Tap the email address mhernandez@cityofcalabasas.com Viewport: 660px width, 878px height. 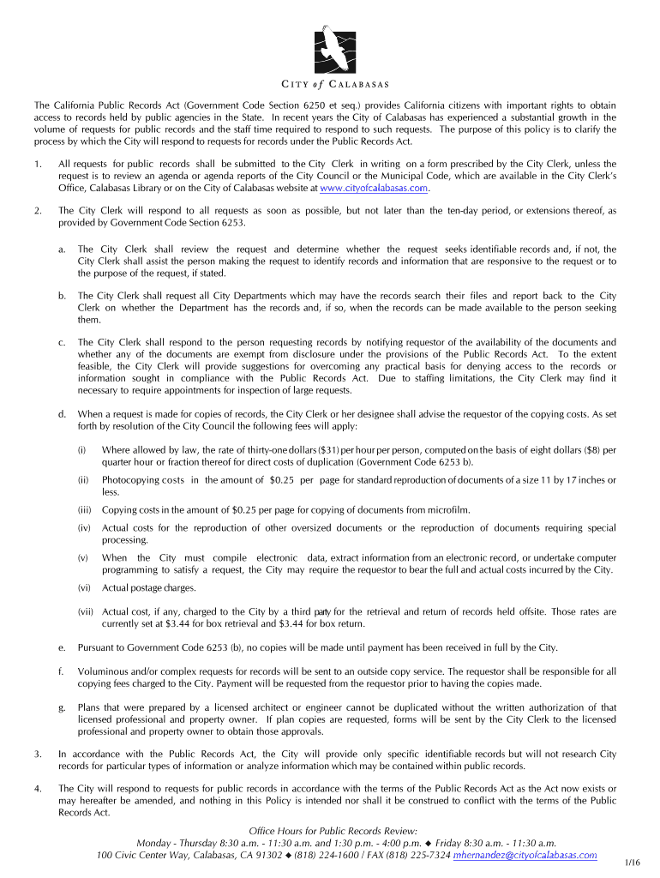[x=525, y=855]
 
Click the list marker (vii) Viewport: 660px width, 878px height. [x=85, y=611]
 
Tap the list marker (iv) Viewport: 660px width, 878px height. [x=83, y=528]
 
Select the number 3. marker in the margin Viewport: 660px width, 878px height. [x=37, y=754]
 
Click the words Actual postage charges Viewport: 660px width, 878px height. [x=148, y=587]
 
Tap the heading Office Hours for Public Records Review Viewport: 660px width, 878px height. [x=333, y=831]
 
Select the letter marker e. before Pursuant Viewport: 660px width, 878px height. [x=62, y=646]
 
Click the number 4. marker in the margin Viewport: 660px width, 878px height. [x=37, y=787]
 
